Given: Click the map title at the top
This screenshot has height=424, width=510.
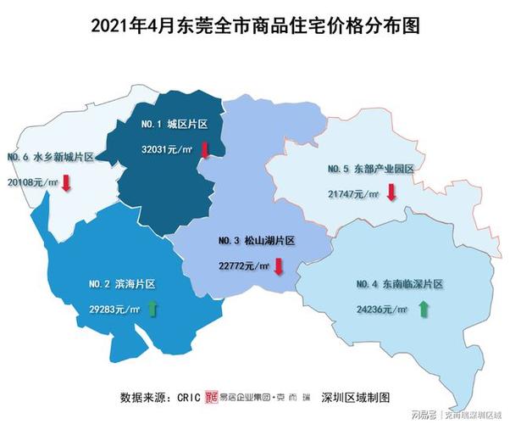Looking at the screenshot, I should click(x=254, y=26).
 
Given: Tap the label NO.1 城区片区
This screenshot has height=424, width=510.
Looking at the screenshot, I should click(x=175, y=124).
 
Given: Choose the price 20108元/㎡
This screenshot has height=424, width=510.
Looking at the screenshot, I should click(x=33, y=181).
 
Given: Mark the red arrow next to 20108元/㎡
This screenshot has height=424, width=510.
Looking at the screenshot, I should click(x=65, y=182).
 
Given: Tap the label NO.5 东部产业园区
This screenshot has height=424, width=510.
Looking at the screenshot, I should click(x=370, y=170).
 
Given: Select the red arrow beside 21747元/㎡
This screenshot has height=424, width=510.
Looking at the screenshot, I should click(x=391, y=192).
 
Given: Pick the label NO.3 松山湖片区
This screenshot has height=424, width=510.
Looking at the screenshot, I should click(x=256, y=241).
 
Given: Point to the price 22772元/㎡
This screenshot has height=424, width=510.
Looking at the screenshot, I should click(x=243, y=265).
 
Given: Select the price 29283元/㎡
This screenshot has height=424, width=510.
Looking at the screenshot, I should click(x=114, y=310).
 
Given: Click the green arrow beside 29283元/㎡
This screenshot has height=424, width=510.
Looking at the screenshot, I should click(x=153, y=309).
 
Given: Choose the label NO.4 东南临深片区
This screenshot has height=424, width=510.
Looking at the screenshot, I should click(x=401, y=284).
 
